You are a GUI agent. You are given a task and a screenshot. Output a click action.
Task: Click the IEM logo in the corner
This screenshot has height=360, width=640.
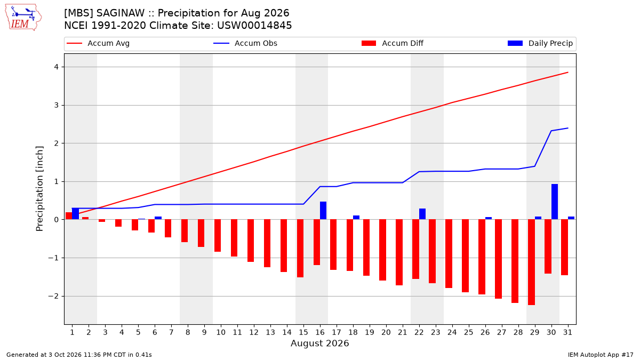[23, 18]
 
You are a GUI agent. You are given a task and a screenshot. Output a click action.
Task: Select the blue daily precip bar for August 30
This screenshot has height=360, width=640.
[555, 202]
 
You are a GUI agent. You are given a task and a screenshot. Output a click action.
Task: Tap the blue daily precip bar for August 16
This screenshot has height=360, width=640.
[323, 211]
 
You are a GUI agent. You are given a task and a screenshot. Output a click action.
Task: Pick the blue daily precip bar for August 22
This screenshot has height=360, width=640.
[422, 214]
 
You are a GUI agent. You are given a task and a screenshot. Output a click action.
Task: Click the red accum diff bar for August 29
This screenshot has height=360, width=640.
[531, 262]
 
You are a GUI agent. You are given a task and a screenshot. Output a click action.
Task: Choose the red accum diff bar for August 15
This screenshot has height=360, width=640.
[300, 249]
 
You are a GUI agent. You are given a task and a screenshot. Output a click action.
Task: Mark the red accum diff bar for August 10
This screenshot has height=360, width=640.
[218, 235]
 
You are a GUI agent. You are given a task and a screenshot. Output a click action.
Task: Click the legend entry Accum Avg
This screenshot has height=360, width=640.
[98, 43]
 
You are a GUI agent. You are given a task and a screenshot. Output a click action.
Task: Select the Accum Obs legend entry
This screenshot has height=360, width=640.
[245, 43]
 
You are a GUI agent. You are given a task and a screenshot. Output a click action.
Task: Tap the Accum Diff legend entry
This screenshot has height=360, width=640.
[393, 43]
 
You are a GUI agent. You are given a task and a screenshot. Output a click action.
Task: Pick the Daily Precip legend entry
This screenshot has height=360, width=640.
[540, 43]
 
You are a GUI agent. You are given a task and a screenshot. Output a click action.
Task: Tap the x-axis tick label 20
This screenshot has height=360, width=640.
[386, 332]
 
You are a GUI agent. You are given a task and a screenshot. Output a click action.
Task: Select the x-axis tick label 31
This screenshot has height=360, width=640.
[567, 332]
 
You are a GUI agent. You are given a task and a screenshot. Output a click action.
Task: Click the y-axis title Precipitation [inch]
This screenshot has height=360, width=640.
[39, 189]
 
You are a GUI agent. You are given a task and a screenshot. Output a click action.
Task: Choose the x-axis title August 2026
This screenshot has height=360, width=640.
[319, 343]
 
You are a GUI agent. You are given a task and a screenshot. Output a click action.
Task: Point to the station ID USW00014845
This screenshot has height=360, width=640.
[254, 26]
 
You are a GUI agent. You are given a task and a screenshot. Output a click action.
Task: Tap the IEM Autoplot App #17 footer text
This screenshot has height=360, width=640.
[601, 355]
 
